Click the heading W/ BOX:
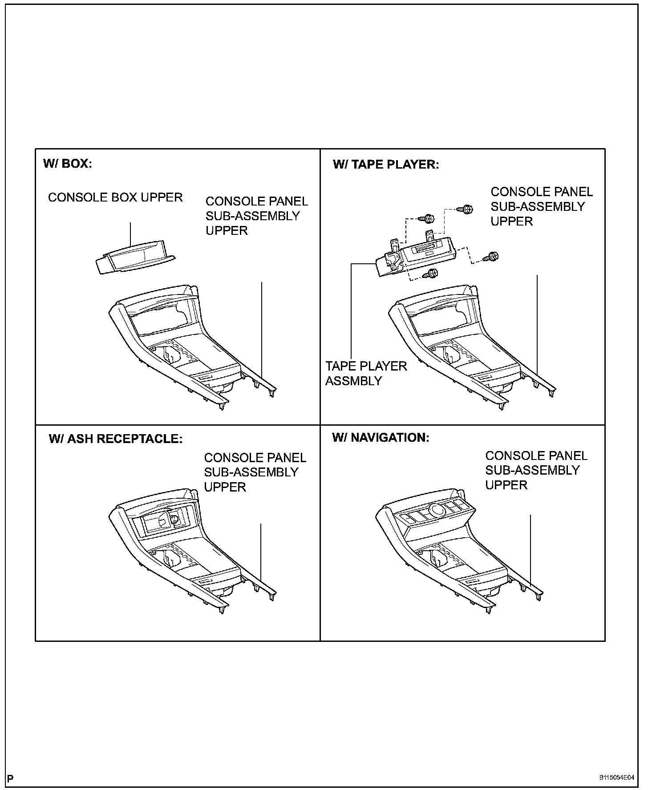click(x=68, y=164)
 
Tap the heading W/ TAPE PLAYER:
click(x=385, y=165)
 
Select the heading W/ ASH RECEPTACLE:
click(x=115, y=439)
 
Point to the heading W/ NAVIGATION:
click(x=381, y=437)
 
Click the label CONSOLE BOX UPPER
click(x=115, y=197)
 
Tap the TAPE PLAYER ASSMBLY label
click(x=366, y=373)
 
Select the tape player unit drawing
click(x=414, y=258)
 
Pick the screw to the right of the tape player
click(x=493, y=256)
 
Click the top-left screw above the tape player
click(x=429, y=219)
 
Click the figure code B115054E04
click(x=616, y=778)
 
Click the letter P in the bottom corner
click(x=11, y=778)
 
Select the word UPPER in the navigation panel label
click(x=506, y=485)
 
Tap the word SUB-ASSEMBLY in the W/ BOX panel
click(x=252, y=216)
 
